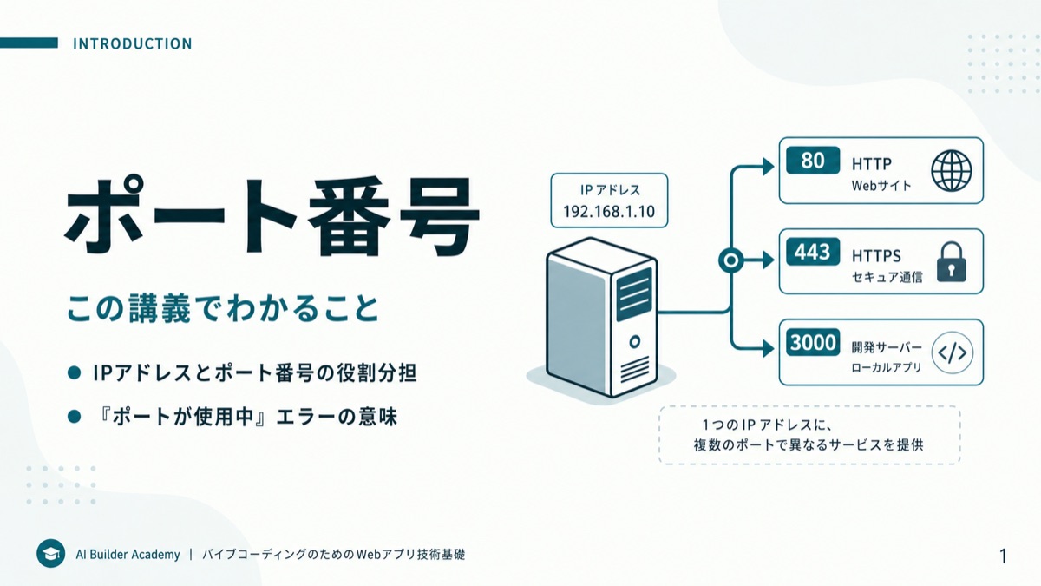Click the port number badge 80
813,161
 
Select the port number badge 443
813,252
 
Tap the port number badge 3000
813,342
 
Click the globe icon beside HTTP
952,171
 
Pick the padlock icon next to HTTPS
952,262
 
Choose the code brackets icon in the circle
953,353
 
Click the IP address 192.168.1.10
609,212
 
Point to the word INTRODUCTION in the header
133,43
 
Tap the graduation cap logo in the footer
50,554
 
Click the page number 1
1003,556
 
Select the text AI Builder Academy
128,555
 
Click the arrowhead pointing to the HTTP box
769,167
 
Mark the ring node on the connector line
730,260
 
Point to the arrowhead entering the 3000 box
769,348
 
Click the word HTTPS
876,256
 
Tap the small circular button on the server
634,342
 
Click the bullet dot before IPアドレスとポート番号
75,373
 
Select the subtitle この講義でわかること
223,308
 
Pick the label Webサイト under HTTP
881,186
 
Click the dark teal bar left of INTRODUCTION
29,43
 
